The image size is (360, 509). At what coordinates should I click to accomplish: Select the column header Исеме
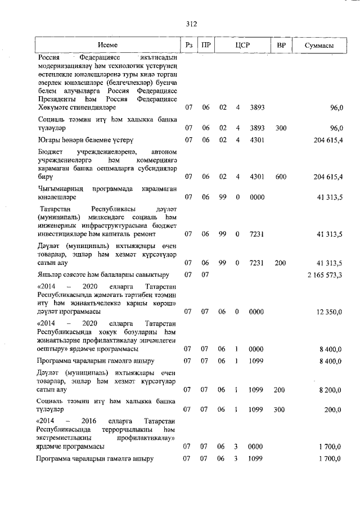tap(106, 44)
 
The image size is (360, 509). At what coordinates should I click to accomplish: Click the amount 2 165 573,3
tap(325, 274)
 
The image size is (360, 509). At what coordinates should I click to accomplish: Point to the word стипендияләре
tap(90, 106)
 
